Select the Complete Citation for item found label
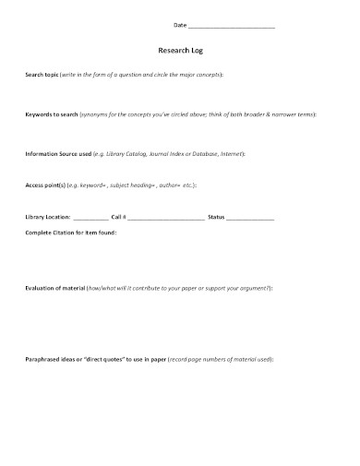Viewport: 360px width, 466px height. click(x=71, y=233)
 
